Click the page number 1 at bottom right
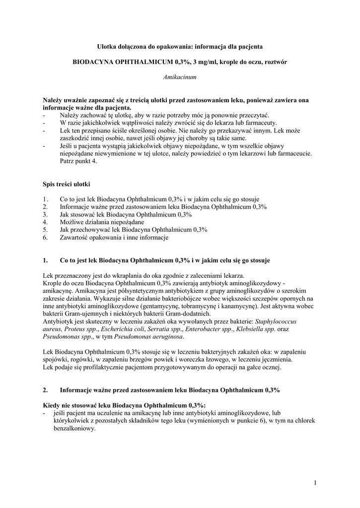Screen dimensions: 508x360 click(x=315, y=482)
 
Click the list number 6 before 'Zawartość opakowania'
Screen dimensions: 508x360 click(x=45, y=238)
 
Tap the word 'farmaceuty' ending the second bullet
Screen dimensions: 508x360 click(x=261, y=123)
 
